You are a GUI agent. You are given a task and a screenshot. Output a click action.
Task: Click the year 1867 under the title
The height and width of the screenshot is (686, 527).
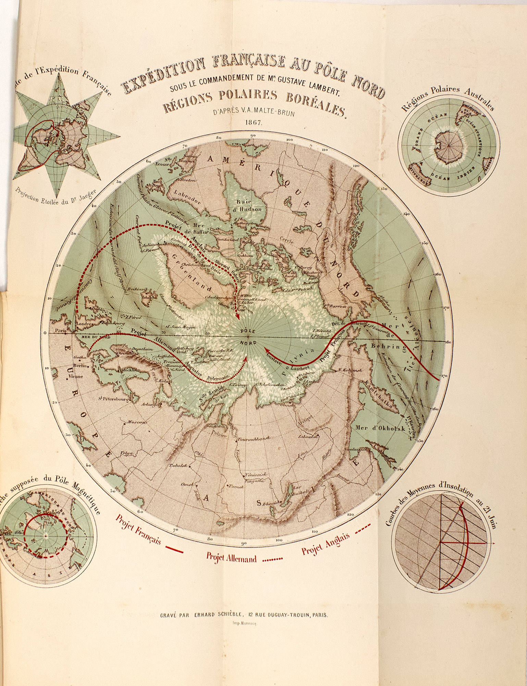tap(253, 122)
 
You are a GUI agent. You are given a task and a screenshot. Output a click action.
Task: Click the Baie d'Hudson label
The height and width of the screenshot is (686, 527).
tap(249, 205)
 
